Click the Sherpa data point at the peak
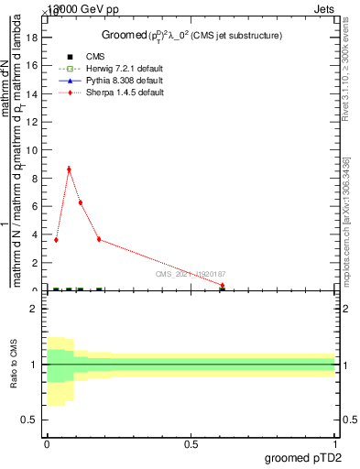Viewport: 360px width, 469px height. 69,169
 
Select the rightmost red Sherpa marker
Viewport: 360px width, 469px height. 223,285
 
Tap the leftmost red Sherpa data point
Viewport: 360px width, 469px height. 56,240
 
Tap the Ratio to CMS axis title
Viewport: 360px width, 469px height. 14,365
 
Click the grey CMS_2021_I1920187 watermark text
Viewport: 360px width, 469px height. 190,273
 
